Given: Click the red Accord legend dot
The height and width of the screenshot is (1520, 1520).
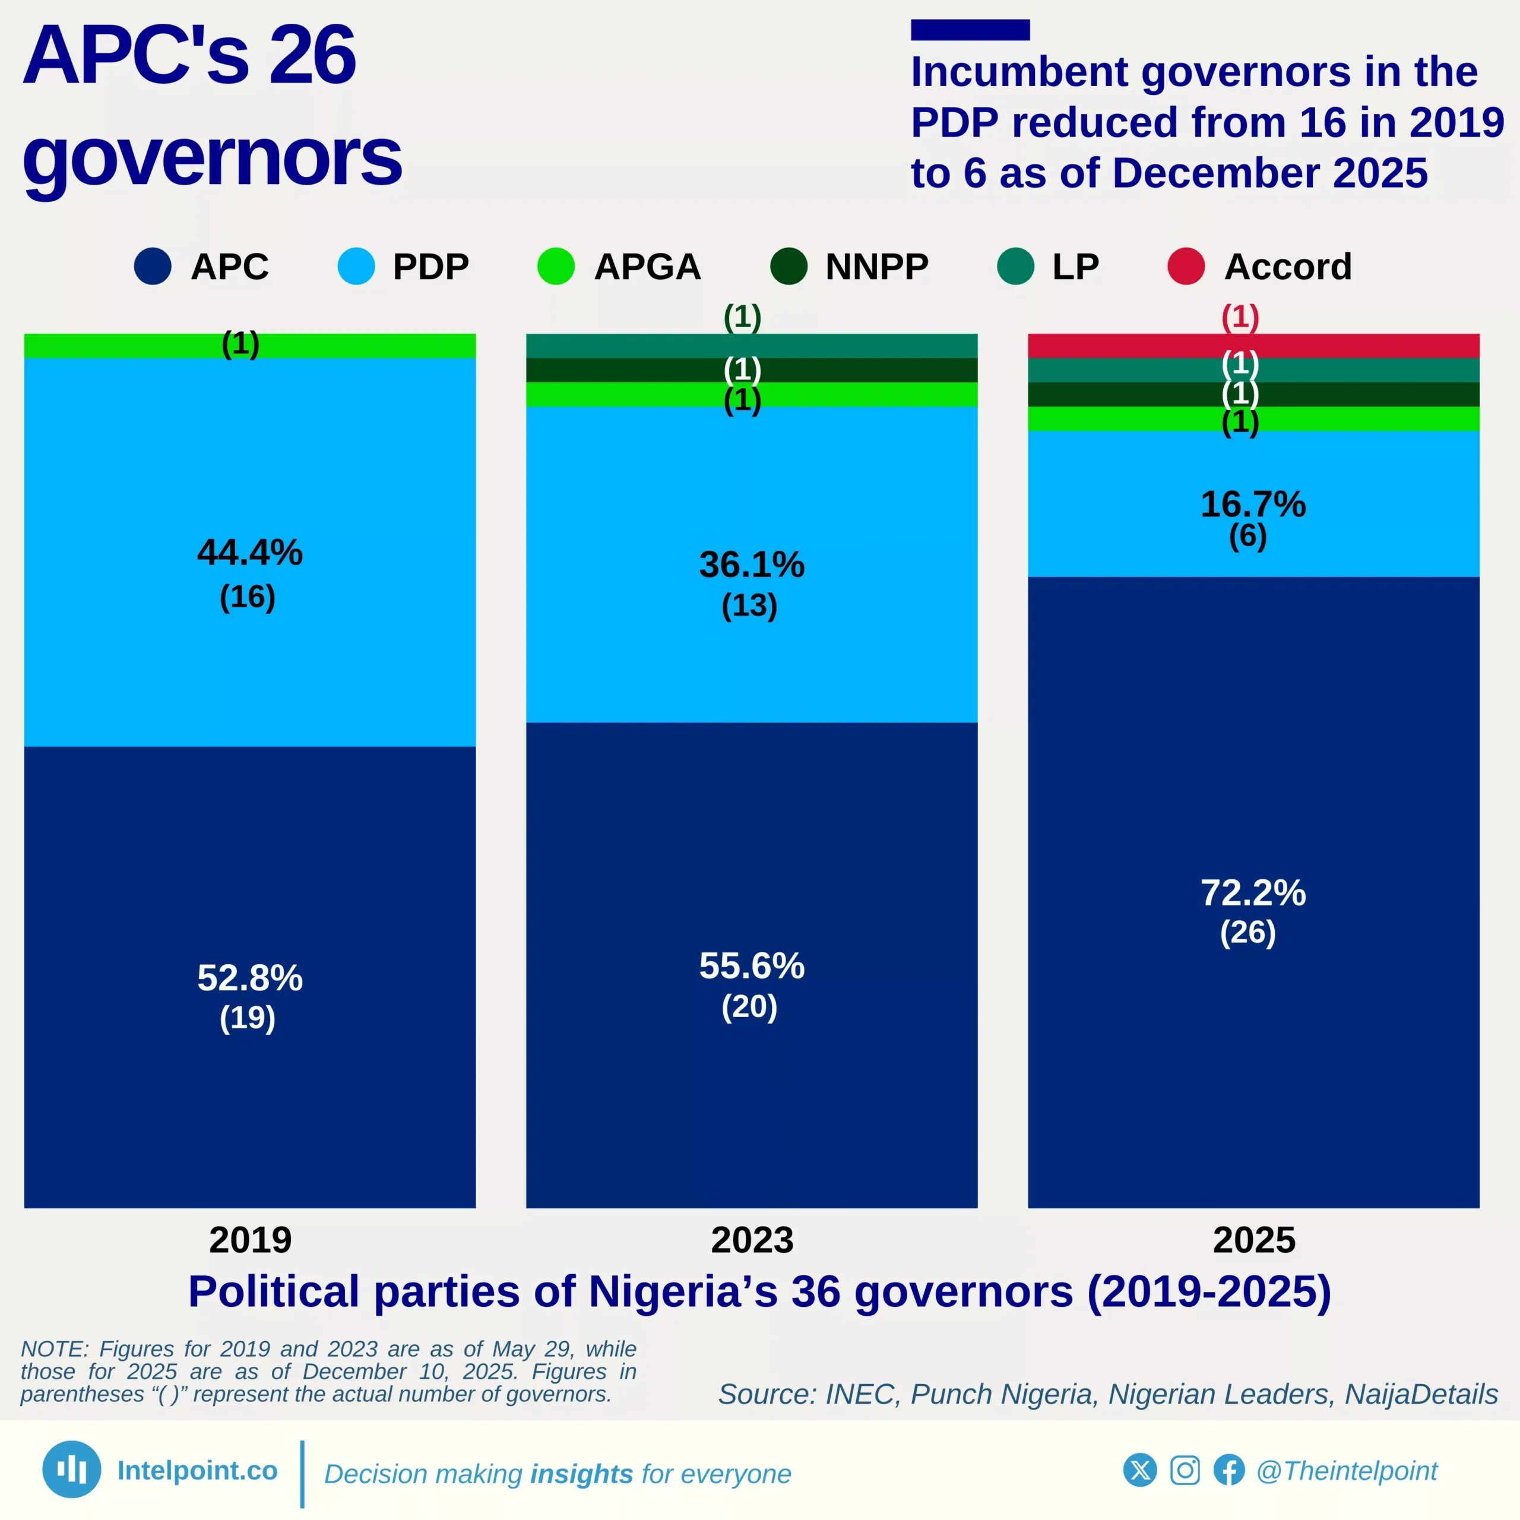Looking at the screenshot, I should click(x=1186, y=266).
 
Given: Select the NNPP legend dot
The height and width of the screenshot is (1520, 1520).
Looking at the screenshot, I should click(x=788, y=266).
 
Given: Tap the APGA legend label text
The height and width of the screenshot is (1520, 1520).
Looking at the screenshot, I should click(x=647, y=267).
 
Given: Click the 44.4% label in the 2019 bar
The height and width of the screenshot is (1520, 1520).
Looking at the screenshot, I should click(x=249, y=552).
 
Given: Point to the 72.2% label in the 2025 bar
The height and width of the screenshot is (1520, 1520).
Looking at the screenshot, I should click(x=1252, y=893).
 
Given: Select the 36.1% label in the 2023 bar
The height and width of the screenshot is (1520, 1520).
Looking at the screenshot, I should click(x=751, y=565).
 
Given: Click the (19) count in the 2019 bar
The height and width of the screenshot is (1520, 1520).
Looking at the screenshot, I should click(x=247, y=1018).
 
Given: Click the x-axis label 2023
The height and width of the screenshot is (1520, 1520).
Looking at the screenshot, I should click(x=751, y=1240).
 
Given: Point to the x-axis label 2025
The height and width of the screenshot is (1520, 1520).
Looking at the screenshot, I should click(x=1253, y=1240).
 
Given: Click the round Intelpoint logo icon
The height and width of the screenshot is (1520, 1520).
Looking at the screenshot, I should click(x=72, y=1469).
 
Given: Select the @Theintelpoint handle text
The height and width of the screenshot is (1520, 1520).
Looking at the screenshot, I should click(x=1346, y=1471).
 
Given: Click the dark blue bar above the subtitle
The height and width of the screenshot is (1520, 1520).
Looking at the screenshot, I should click(x=970, y=30).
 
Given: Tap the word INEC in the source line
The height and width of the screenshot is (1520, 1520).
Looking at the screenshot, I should click(x=859, y=1394).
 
